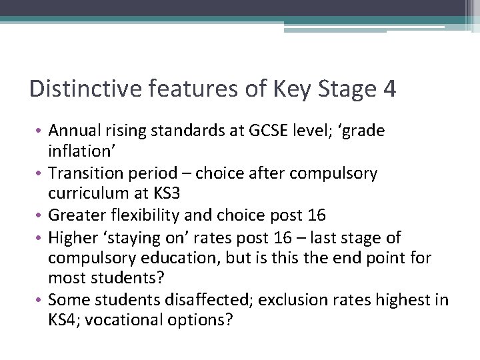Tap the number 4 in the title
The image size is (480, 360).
point(389,89)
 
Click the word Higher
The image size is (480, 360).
point(71,237)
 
